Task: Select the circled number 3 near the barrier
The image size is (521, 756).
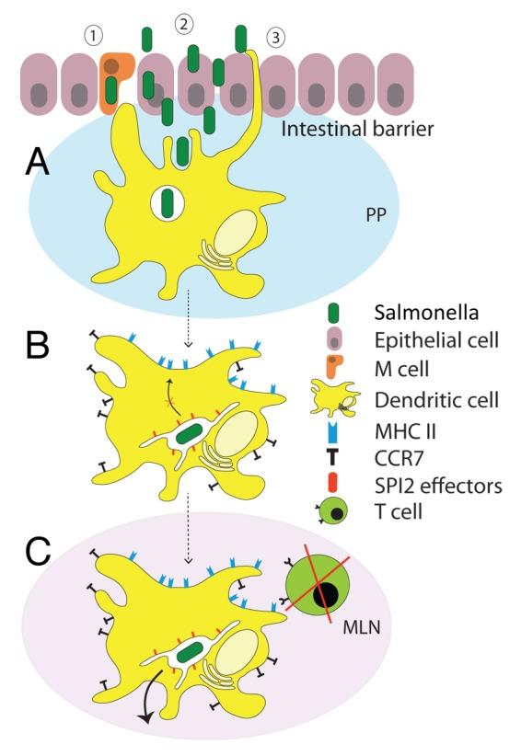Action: (x=273, y=38)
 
